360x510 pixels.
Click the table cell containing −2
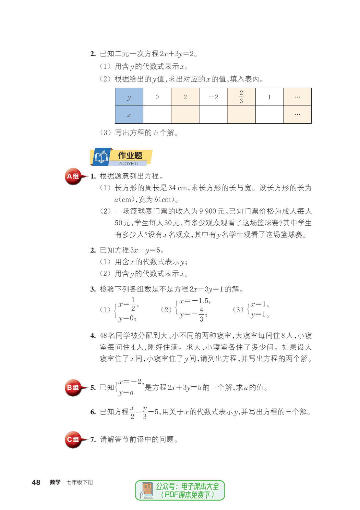pos(213,97)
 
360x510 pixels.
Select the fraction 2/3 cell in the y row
pos(241,97)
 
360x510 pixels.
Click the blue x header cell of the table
pos(129,115)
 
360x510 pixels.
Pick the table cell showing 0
pos(157,97)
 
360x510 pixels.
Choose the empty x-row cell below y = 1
pos(269,115)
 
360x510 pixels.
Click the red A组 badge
pos(73,176)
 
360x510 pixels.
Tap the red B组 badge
pos(73,387)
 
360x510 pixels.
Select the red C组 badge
pos(73,440)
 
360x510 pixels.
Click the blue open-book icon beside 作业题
pos(101,157)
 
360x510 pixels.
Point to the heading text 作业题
pos(130,155)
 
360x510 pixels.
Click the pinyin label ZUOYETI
pos(128,164)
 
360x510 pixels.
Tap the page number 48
pos(36,482)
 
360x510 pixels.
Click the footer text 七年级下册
pos(79,482)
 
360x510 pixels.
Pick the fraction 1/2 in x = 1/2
pos(133,305)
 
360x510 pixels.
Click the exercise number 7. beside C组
pos(93,440)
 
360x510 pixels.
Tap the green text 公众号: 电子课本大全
pos(187,486)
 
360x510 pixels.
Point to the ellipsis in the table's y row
pos(297,97)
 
